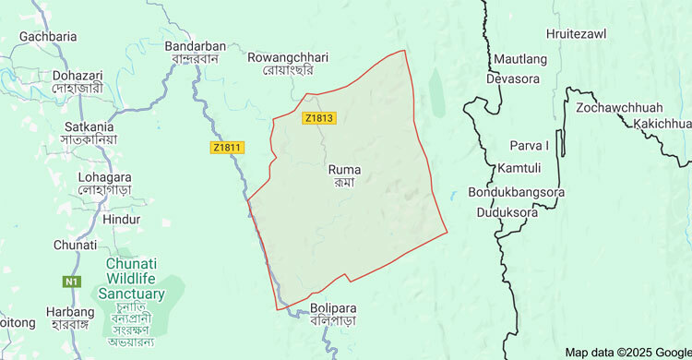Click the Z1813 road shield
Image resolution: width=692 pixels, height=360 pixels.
click(317, 118)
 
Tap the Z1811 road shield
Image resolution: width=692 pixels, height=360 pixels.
click(226, 147)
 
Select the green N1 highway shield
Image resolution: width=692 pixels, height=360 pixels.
click(72, 281)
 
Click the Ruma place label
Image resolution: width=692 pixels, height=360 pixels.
click(344, 170)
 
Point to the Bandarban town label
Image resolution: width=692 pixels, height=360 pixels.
click(195, 46)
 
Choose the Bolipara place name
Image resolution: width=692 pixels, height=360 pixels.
click(333, 307)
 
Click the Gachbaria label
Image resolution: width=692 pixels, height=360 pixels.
click(47, 36)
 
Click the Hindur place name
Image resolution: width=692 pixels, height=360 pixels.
click(122, 220)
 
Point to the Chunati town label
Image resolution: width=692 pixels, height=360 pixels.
click(75, 245)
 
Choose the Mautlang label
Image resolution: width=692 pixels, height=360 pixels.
click(520, 59)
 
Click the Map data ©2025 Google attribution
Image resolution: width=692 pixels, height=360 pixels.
click(627, 352)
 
